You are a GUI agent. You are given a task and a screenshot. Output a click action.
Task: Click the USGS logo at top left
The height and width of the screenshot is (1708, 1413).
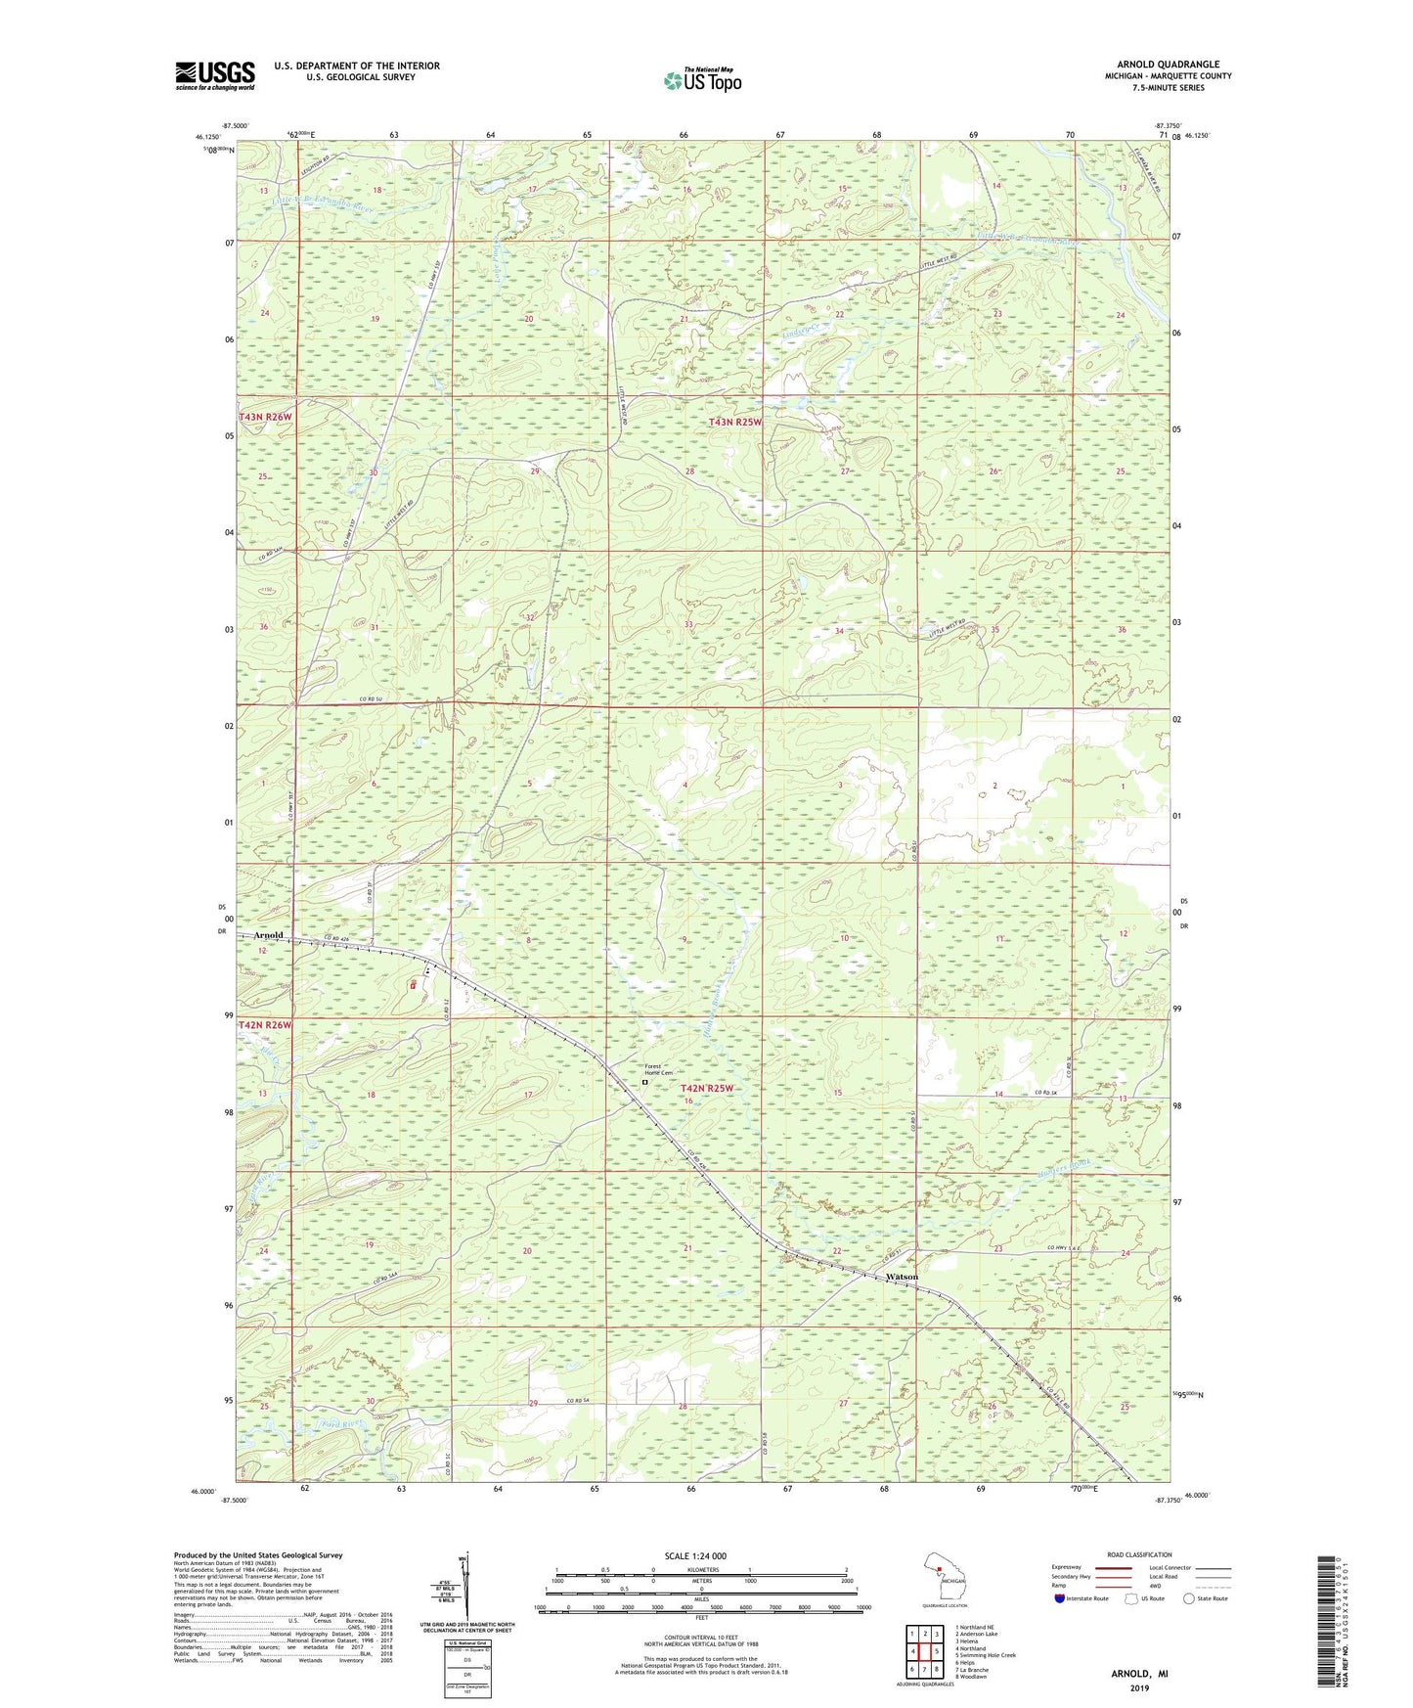[x=215, y=75]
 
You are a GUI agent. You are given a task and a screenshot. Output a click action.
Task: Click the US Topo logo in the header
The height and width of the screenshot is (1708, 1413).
[x=701, y=80]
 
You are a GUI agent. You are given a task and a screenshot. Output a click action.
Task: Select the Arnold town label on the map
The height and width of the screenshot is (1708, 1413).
[x=268, y=935]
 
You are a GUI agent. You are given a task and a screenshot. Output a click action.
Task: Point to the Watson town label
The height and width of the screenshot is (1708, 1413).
[x=902, y=1278]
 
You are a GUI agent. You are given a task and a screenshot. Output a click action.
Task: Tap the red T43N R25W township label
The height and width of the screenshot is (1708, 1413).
[x=734, y=423]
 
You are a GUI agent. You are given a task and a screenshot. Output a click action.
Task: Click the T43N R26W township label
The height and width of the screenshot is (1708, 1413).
[x=265, y=417]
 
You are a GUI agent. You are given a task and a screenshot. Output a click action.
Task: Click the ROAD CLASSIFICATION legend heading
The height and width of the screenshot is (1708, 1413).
[x=1140, y=1554]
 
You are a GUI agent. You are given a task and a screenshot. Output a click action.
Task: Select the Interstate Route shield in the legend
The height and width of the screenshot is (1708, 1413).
[x=1061, y=1598]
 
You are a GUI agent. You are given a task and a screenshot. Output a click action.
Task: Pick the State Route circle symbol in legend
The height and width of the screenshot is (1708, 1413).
[x=1189, y=1598]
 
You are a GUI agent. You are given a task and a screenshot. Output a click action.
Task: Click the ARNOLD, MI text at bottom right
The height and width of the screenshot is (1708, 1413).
[x=1139, y=1674]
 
